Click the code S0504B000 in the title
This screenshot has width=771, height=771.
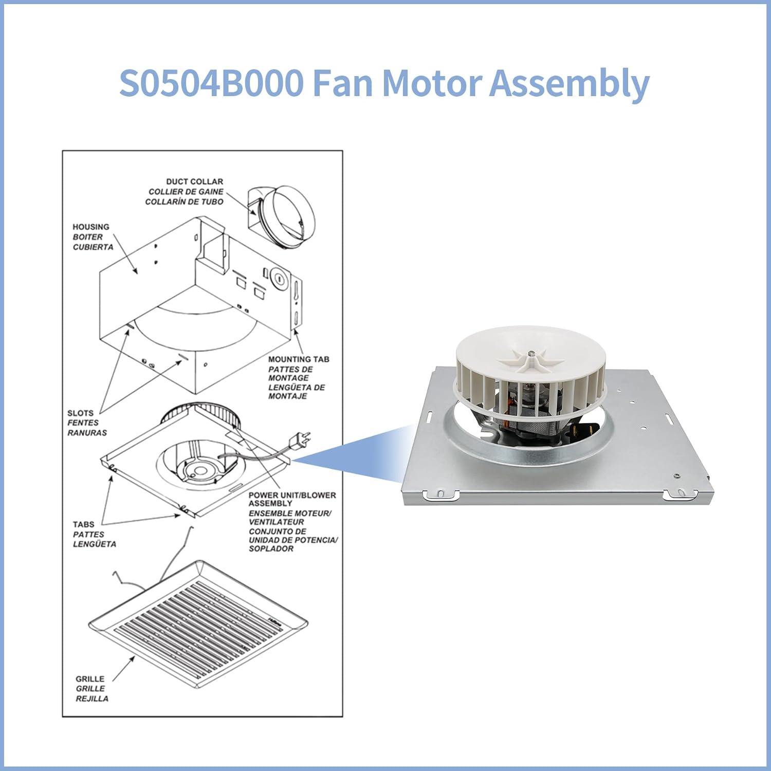coord(211,83)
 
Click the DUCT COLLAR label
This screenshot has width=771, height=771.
coord(194,181)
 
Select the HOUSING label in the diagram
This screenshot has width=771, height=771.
coord(91,227)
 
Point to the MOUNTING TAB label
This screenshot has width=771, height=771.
coord(299,359)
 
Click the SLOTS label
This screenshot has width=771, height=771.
coord(80,413)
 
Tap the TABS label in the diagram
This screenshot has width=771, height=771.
coord(83,524)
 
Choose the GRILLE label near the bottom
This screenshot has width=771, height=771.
coord(90,679)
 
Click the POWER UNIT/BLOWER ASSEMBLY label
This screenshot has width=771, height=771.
coord(292,499)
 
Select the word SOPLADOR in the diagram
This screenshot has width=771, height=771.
coord(271,549)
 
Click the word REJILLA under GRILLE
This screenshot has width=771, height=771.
coord(92,699)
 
